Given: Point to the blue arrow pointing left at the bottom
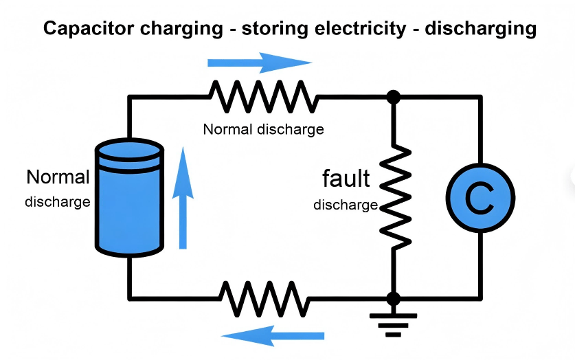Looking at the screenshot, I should (x=273, y=336).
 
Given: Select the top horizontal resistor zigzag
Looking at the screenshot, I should (x=264, y=97).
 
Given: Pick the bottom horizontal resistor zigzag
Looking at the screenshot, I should (x=264, y=297).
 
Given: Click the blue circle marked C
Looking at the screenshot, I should (x=480, y=199).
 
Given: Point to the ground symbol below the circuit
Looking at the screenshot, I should (x=393, y=324).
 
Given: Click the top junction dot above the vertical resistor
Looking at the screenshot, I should (x=394, y=97).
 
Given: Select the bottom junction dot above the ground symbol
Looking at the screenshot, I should (x=394, y=298).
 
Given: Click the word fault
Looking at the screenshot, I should (x=346, y=179).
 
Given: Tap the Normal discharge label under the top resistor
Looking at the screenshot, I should (x=263, y=129).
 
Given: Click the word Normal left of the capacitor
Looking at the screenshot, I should (x=58, y=177).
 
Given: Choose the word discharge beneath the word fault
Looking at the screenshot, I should (x=346, y=205).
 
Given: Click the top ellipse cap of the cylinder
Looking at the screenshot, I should (x=128, y=150).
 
